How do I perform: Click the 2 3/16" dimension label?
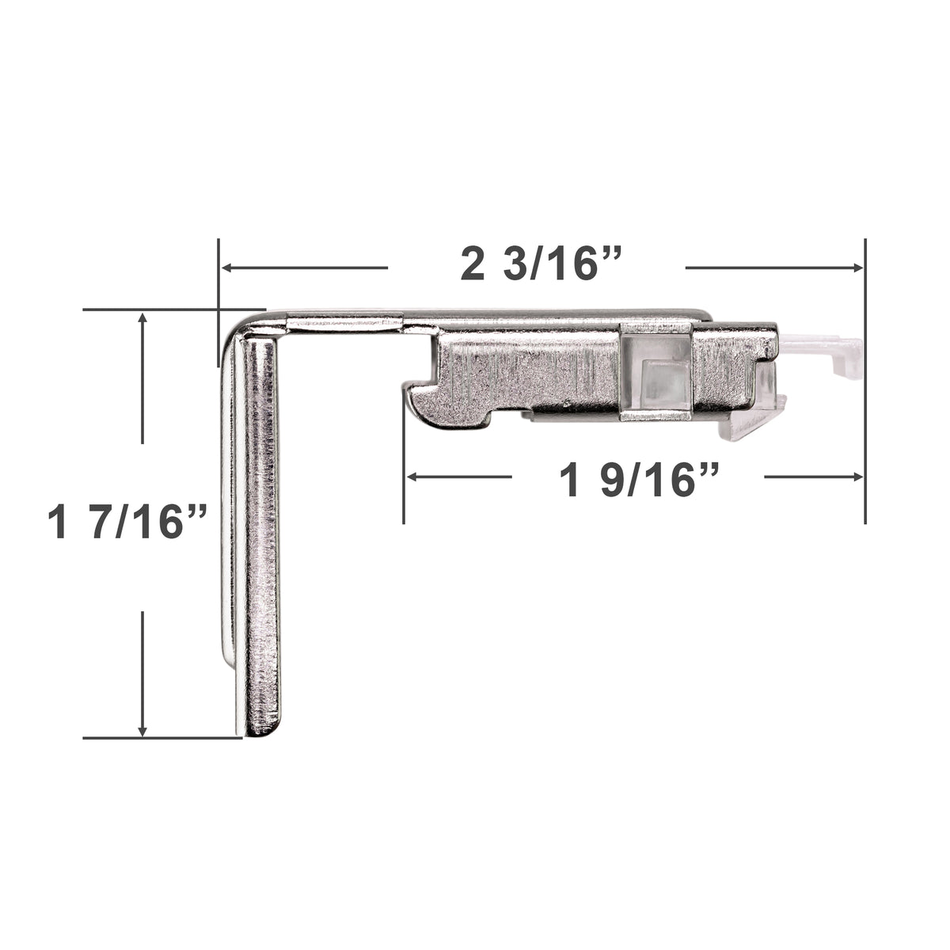537,264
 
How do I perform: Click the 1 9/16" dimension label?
638,480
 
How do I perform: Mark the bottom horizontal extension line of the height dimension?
158,738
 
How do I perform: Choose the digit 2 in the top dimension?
472,264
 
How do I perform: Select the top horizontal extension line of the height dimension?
158,310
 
